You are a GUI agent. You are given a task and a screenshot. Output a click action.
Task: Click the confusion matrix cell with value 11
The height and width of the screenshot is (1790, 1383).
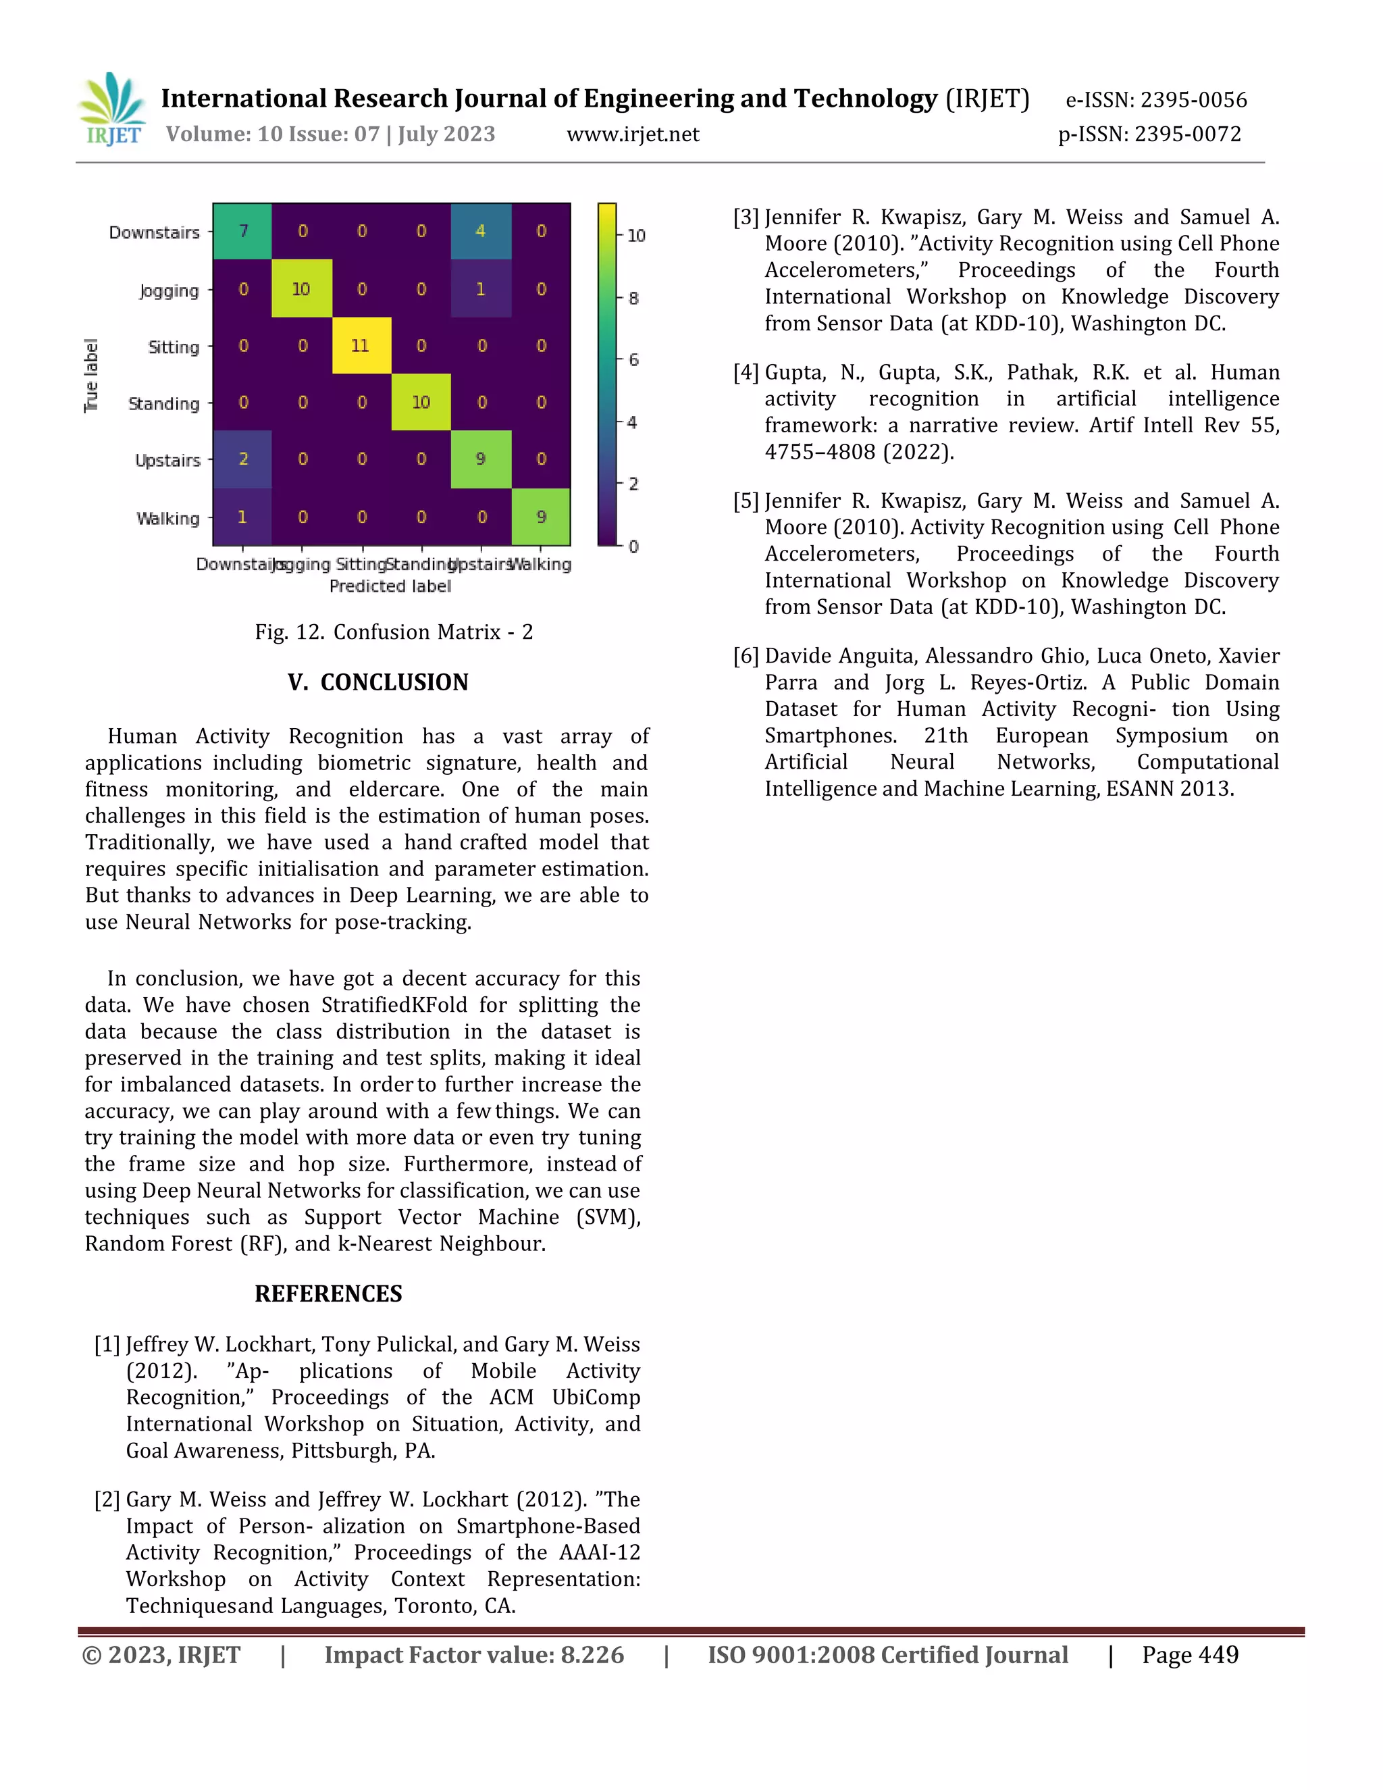(361, 345)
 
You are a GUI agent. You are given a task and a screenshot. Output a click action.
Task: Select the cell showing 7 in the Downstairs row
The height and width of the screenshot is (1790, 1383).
(242, 231)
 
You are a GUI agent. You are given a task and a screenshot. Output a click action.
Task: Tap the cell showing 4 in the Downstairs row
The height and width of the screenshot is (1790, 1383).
(481, 231)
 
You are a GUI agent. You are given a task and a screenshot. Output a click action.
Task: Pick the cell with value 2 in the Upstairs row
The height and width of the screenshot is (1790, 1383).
(242, 459)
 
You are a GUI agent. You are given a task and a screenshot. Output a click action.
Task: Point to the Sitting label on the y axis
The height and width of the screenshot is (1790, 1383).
(173, 347)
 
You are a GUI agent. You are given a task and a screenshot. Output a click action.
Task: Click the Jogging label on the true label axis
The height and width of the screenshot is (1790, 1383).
(169, 290)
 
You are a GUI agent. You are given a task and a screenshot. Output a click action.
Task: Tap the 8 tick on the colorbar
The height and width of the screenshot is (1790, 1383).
(633, 299)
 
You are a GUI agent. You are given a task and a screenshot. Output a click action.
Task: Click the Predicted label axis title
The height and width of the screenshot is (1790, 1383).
(390, 586)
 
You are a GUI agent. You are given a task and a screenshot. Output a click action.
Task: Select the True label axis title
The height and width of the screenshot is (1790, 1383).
(91, 376)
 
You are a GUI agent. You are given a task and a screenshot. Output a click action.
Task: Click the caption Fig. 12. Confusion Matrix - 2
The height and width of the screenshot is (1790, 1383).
(393, 632)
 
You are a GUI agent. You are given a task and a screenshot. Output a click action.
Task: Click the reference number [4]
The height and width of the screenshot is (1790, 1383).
(746, 373)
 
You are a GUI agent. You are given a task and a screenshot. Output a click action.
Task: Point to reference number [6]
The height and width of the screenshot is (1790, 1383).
(746, 657)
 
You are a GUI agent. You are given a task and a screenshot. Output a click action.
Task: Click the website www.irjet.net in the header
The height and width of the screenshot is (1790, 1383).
(633, 134)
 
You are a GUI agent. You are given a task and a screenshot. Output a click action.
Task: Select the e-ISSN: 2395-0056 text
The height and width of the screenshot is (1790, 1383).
(1155, 100)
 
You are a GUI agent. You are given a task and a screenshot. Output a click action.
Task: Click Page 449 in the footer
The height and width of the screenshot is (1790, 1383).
(1190, 1655)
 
